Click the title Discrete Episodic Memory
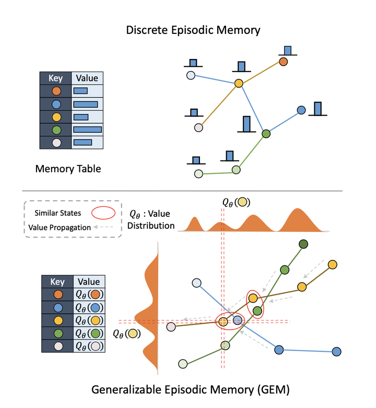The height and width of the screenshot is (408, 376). tap(193, 30)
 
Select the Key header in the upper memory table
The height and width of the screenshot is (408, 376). tap(55, 78)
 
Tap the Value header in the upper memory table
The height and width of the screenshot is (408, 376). tap(87, 78)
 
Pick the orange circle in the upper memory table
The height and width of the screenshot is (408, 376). tap(56, 91)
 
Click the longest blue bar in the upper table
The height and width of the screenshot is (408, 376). tap(87, 129)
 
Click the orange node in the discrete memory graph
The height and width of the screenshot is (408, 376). tap(283, 62)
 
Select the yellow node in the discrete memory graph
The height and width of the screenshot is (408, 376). tap(239, 83)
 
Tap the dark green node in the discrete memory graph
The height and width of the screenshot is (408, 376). tap(266, 134)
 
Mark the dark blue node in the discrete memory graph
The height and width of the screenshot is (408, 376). tap(301, 110)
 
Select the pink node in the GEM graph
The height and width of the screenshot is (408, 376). tap(171, 327)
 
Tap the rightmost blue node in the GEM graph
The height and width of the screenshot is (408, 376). tap(337, 352)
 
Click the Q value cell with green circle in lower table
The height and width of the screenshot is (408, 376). tap(88, 333)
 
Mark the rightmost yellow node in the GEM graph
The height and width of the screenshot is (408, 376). tap(332, 265)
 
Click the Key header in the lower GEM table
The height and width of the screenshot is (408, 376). tap(57, 282)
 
